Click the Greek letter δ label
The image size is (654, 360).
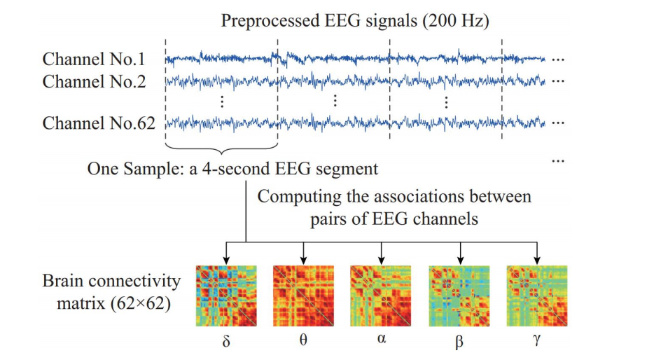coord(225,343)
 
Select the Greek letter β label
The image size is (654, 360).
coord(459,344)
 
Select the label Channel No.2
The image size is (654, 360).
coord(95,81)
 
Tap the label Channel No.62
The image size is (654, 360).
coord(99,124)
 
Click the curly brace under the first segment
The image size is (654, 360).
coord(221,148)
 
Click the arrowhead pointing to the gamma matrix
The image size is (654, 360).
coord(536,258)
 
